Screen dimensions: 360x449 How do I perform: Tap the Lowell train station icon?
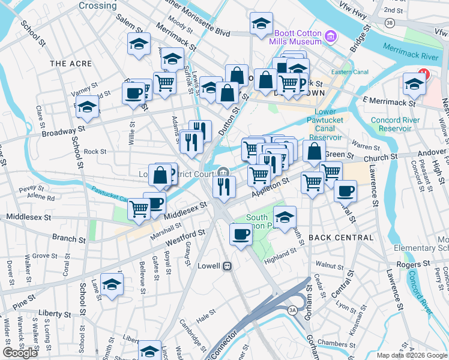(x=228, y=266)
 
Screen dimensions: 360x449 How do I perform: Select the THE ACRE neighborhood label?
(x=71, y=64)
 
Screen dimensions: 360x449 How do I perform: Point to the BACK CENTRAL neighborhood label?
(x=341, y=238)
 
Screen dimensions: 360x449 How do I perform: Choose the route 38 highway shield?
(x=390, y=22)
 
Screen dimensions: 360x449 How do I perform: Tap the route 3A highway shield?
(x=293, y=310)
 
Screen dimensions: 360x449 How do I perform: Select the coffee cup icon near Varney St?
(x=133, y=94)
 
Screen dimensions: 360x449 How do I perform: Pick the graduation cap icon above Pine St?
(x=112, y=285)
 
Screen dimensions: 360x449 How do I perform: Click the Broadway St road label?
(x=64, y=130)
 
